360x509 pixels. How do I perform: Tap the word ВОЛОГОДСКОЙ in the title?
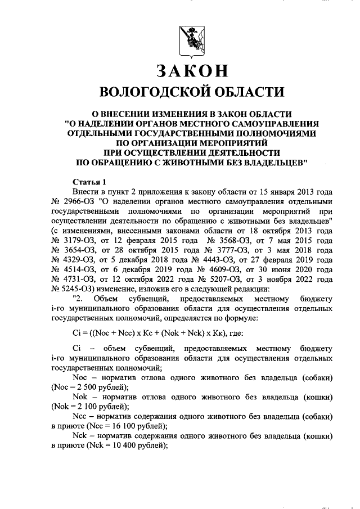click(x=151, y=92)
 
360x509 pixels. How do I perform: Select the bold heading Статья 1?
click(x=89, y=182)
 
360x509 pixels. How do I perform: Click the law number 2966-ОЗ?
click(x=79, y=201)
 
